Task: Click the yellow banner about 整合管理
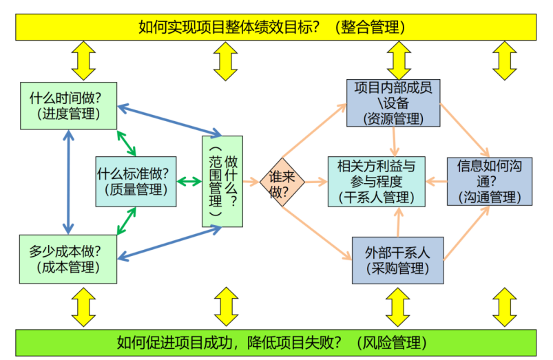click(275, 27)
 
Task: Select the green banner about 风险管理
click(275, 342)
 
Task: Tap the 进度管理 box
click(68, 105)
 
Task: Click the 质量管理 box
click(136, 181)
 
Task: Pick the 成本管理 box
click(68, 258)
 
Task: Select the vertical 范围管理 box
click(222, 181)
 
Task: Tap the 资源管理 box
click(393, 103)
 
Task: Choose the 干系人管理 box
click(376, 181)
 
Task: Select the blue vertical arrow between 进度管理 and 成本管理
click(67, 182)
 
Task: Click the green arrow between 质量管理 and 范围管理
click(189, 182)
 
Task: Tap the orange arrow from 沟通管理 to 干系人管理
click(435, 182)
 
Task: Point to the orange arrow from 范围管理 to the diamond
click(251, 182)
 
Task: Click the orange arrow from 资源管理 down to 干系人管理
click(395, 141)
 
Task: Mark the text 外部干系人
click(397, 252)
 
